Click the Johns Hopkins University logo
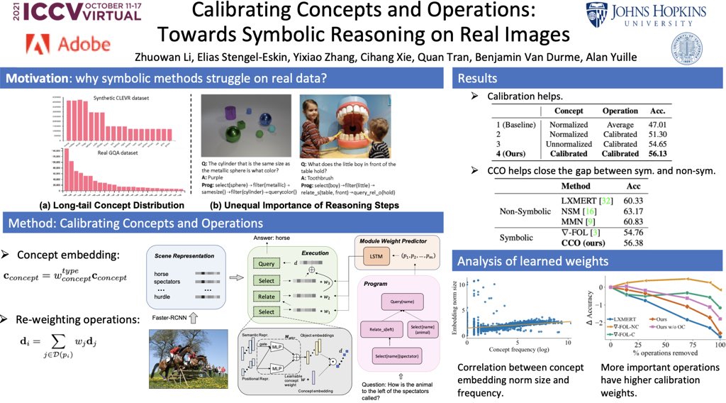(646, 16)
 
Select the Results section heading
(479, 78)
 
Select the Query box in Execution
(267, 263)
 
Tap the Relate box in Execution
(267, 296)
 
